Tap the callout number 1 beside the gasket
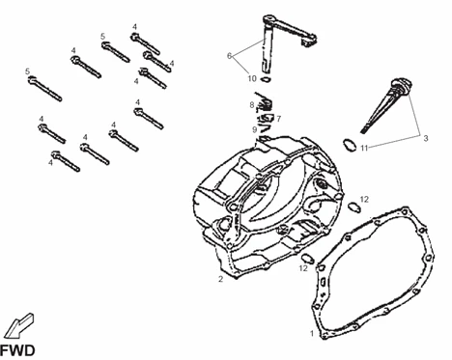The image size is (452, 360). point(311,334)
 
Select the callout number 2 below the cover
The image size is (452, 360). point(220,280)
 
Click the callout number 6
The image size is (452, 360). point(229,56)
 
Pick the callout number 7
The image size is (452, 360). point(278,118)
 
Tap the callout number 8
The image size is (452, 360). point(251,104)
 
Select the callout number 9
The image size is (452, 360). point(254,128)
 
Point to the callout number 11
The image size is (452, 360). point(365,148)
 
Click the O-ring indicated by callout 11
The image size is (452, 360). point(346,146)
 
